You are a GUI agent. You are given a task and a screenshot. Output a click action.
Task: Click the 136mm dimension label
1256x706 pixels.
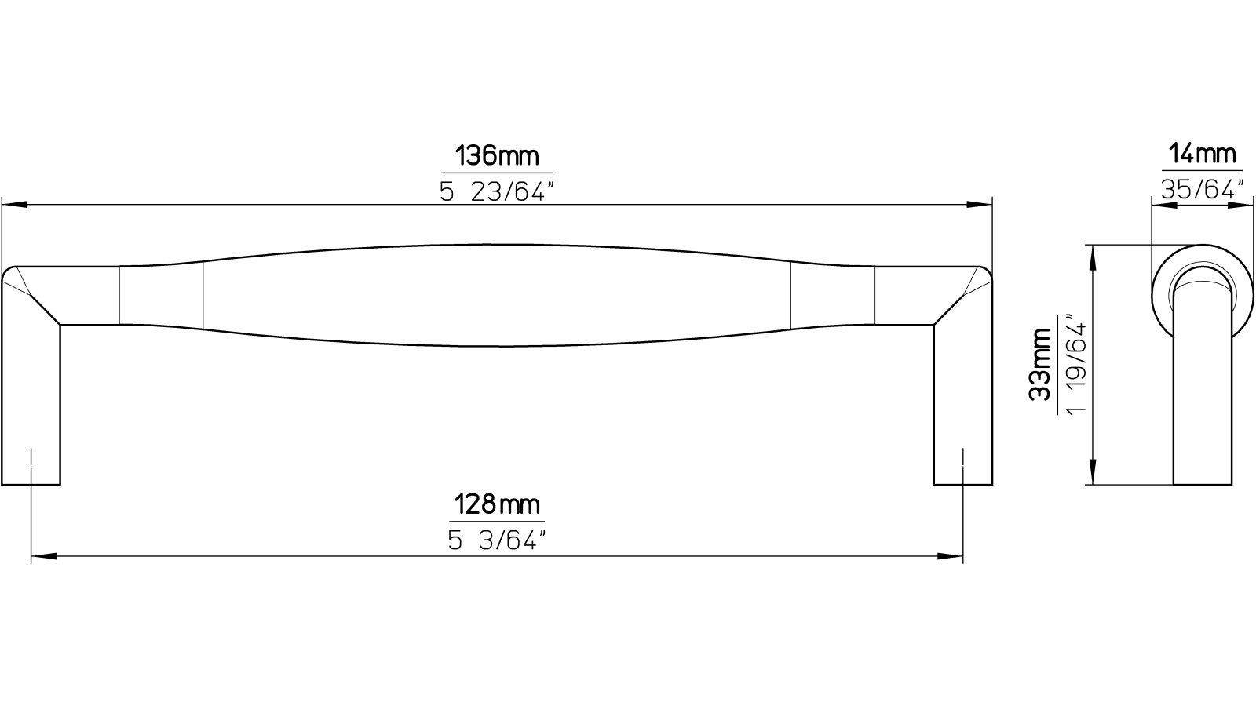click(497, 156)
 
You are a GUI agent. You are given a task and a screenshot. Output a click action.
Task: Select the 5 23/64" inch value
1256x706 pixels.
click(497, 191)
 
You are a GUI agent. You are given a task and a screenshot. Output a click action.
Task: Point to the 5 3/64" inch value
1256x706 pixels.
click(497, 540)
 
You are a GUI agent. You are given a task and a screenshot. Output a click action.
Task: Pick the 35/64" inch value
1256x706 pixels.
click(1202, 189)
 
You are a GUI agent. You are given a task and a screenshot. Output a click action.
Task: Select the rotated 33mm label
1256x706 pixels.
click(1041, 364)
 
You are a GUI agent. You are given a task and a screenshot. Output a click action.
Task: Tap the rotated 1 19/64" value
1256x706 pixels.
click(1077, 364)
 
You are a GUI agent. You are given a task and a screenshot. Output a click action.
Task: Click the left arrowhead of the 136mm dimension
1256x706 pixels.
click(16, 206)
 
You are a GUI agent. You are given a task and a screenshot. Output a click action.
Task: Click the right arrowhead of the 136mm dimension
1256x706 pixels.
click(978, 206)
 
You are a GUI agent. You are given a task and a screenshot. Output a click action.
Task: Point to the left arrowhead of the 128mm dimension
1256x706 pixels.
click(44, 558)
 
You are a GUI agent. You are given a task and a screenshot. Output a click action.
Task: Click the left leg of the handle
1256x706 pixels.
click(31, 392)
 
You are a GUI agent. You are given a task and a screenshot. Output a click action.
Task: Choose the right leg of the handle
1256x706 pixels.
click(963, 392)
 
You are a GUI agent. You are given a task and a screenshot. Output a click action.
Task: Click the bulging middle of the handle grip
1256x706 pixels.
click(497, 294)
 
